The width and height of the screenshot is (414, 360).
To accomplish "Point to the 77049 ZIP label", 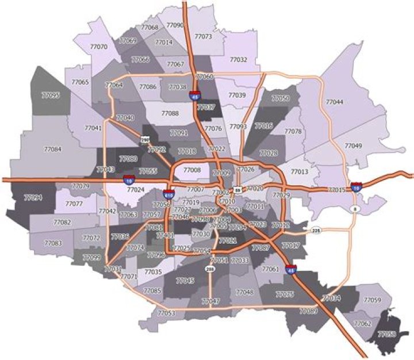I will tap(352, 146).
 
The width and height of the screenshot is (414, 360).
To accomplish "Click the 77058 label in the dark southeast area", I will tap(386, 334).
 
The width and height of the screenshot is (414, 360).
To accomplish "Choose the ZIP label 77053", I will tap(165, 313).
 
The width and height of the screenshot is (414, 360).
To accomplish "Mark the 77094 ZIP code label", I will tap(33, 197).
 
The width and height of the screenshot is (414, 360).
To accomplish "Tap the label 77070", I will tap(99, 47).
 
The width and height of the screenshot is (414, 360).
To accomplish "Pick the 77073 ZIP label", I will tap(204, 37).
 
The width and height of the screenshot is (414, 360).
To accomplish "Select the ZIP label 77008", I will tap(192, 170).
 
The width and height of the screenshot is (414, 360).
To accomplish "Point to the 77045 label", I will tap(185, 281).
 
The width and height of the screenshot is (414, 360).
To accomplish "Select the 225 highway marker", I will tap(315, 231).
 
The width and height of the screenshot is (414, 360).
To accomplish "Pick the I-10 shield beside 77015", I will tap(356, 186).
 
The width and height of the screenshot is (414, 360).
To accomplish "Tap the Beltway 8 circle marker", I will tap(355, 209).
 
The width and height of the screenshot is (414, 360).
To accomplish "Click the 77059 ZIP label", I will tap(373, 301).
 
